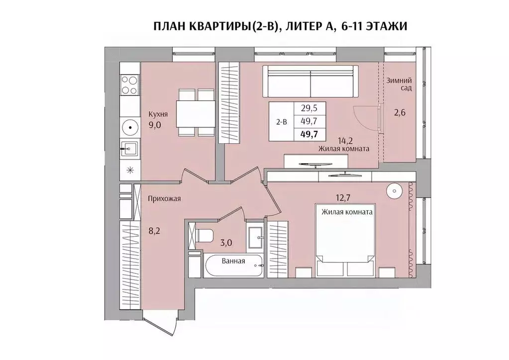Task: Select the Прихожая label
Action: [164, 199]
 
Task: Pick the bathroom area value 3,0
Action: [226, 243]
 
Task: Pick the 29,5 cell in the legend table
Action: [308, 108]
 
